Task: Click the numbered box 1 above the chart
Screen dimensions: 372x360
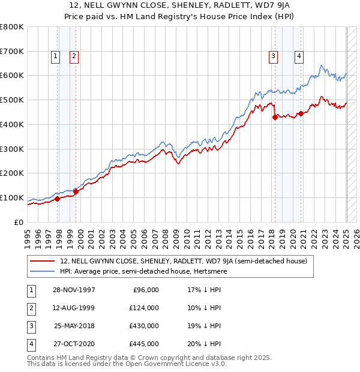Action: tap(55, 57)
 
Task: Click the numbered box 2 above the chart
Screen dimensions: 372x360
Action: tap(74, 57)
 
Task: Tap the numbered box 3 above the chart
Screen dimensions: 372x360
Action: tap(273, 57)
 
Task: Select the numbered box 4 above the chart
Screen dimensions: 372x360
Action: tap(298, 57)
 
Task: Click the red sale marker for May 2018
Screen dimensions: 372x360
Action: tap(275, 117)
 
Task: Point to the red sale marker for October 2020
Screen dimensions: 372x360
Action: tap(301, 113)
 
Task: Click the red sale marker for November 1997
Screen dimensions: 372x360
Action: tap(58, 199)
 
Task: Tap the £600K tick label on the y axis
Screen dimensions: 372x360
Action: tap(12, 76)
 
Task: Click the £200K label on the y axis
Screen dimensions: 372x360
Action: tap(12, 173)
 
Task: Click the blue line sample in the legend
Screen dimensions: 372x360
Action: tap(43, 271)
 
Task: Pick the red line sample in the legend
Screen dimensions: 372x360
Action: tap(43, 261)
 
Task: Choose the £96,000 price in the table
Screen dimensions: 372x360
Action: tap(146, 290)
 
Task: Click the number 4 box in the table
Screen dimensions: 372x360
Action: tap(30, 344)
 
